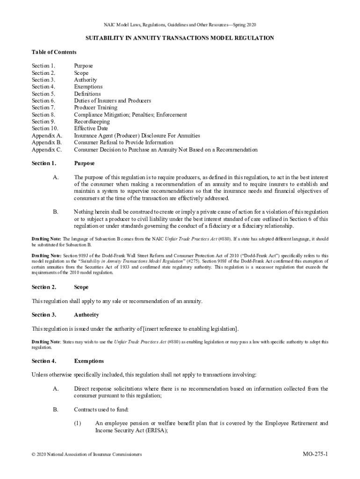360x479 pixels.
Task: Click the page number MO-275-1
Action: click(x=315, y=454)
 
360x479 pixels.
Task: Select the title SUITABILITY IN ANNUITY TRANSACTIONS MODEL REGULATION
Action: click(x=180, y=38)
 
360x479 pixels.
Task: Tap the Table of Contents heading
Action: click(x=54, y=52)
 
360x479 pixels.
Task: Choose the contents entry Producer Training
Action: click(x=95, y=108)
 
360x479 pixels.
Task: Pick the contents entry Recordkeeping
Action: click(x=92, y=122)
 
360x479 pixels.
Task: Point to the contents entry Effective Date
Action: click(x=91, y=129)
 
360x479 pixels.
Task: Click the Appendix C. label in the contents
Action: click(x=47, y=150)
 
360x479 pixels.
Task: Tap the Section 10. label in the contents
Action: click(x=45, y=129)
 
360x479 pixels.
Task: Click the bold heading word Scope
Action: click(x=81, y=287)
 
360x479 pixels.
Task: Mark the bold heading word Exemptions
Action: click(x=89, y=361)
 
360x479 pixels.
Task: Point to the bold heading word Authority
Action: click(x=86, y=315)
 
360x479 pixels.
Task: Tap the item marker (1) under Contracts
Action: click(x=78, y=423)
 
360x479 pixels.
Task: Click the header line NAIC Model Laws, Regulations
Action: click(x=180, y=24)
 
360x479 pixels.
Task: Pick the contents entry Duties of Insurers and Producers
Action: click(x=112, y=101)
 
